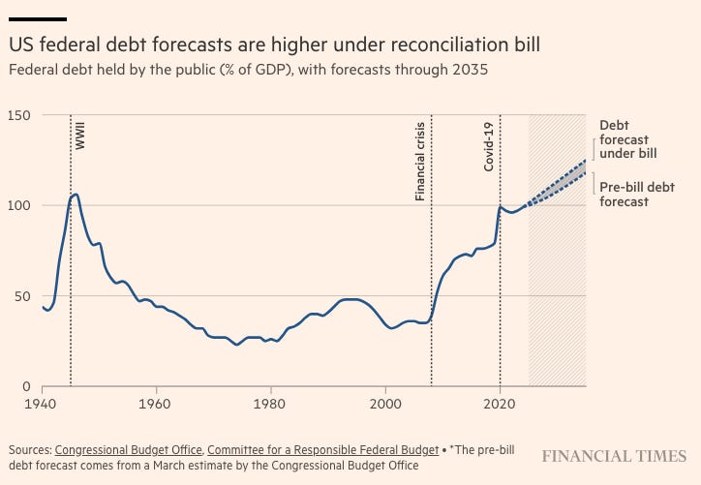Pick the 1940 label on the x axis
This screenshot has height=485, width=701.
point(42,402)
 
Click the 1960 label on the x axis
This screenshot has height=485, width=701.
point(156,402)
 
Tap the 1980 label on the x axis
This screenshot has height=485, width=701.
point(271,402)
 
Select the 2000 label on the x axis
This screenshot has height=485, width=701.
point(385,402)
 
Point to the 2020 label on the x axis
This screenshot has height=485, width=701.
point(501,402)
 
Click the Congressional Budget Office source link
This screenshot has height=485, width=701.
point(128,450)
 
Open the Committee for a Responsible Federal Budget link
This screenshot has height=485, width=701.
point(322,450)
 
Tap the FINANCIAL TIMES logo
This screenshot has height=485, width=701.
point(614,455)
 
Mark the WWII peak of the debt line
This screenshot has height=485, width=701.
point(76,195)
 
